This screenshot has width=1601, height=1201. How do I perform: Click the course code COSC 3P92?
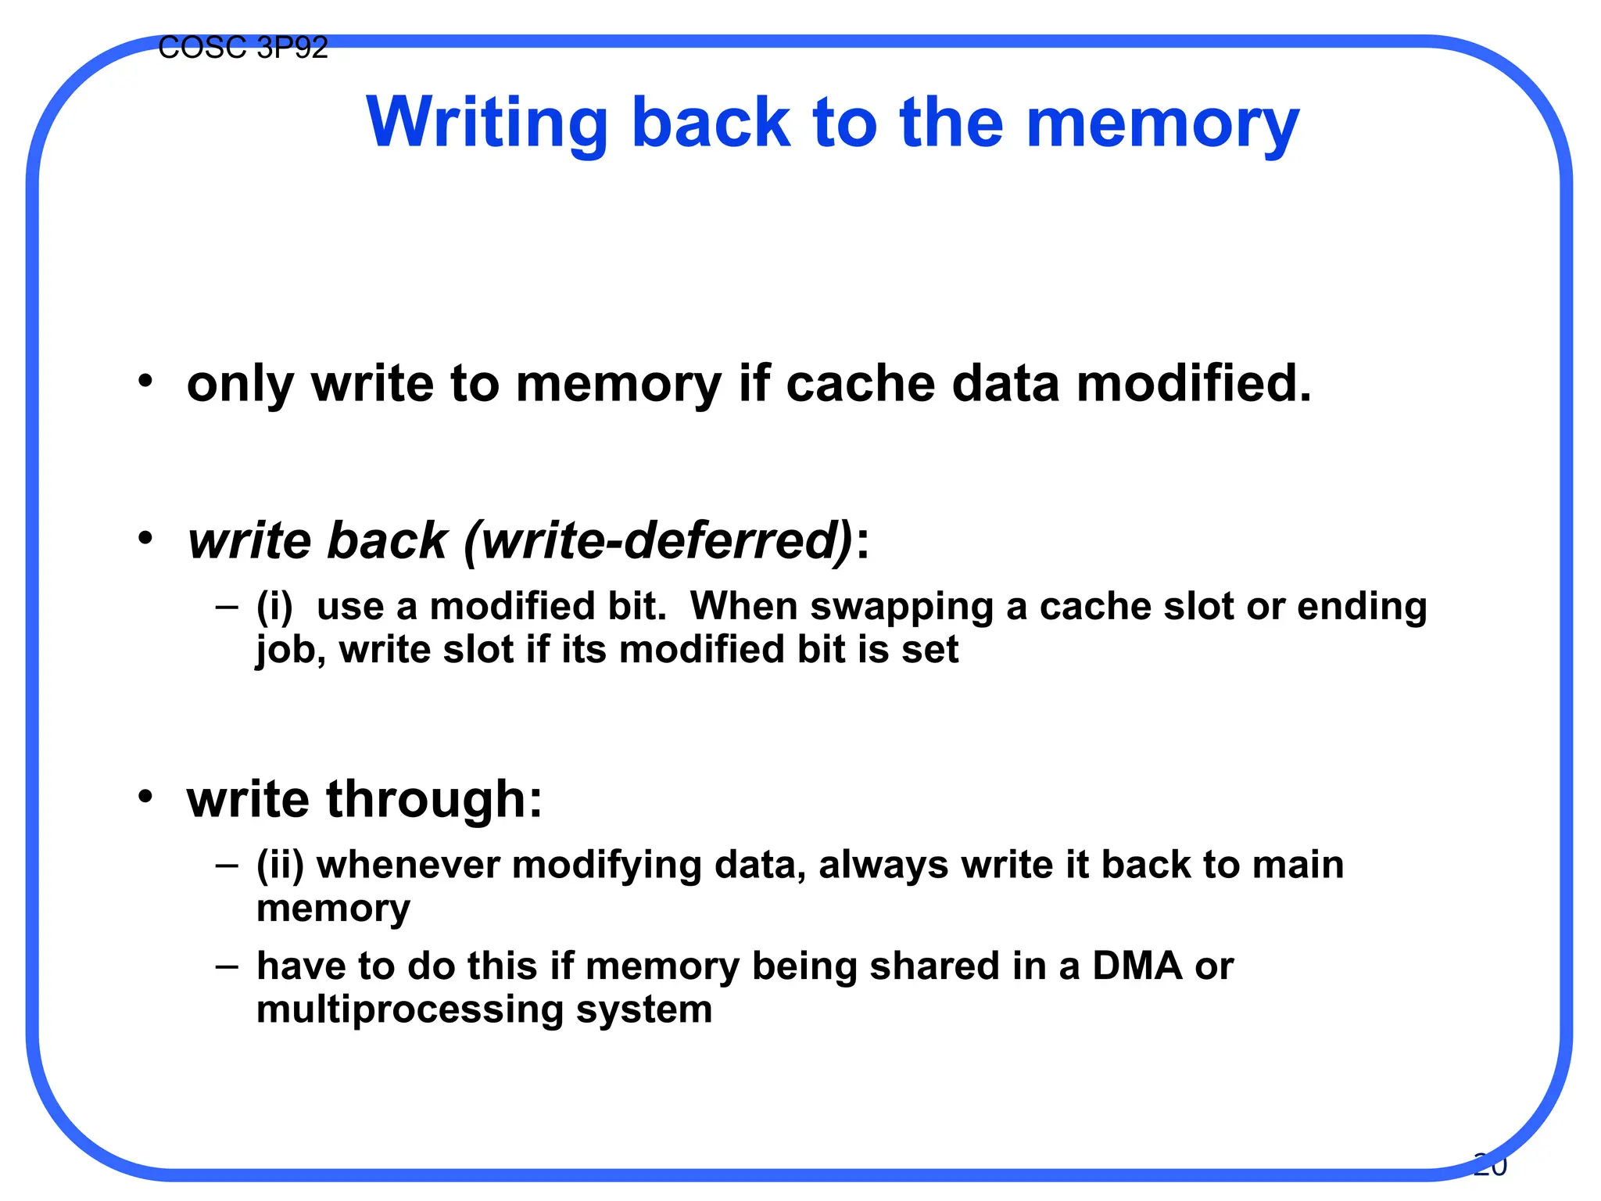tap(242, 48)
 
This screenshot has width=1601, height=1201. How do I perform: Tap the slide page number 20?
tap(1489, 1165)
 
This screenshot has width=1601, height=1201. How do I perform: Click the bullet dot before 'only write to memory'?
tap(145, 382)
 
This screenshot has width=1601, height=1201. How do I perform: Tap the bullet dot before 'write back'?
tap(145, 539)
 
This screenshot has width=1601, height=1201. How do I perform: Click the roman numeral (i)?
tap(274, 606)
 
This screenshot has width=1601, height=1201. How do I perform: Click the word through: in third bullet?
tap(434, 799)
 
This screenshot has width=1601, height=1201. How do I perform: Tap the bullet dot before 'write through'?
tap(145, 797)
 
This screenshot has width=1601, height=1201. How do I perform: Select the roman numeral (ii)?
tap(280, 865)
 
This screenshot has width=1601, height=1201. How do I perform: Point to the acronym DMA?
tap(1137, 966)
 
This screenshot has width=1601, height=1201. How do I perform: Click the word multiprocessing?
tap(410, 1009)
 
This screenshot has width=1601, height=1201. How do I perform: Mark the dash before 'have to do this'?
tap(227, 966)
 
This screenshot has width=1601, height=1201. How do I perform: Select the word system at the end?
tap(644, 1009)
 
